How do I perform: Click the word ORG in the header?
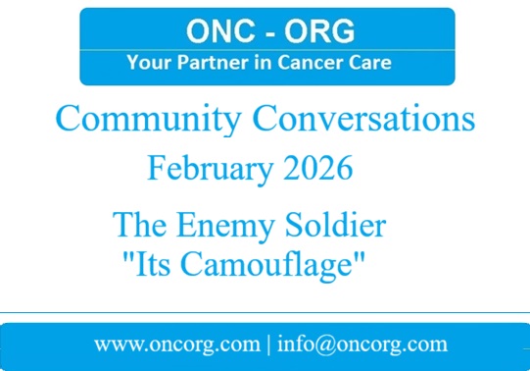(x=314, y=32)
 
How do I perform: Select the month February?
(x=205, y=169)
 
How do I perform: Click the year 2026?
(x=312, y=169)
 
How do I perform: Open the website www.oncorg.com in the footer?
(x=172, y=345)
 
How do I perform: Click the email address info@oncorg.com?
(x=362, y=345)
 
